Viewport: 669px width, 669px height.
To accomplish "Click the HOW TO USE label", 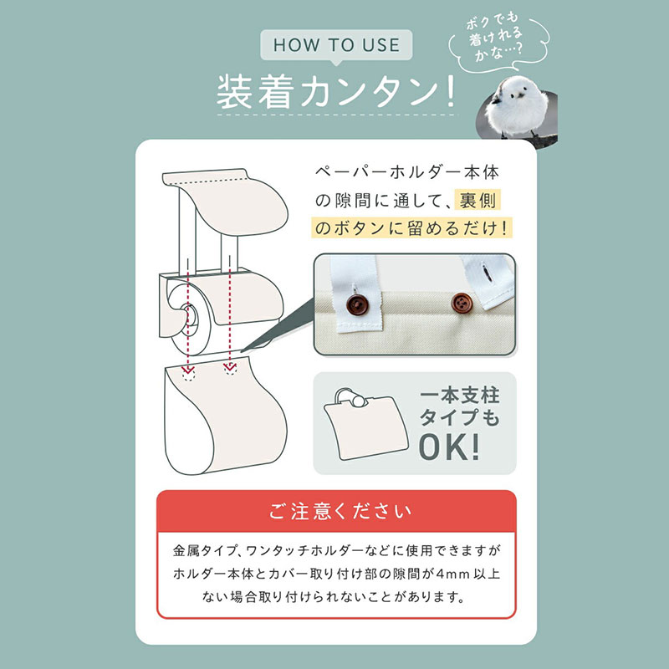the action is pyautogui.click(x=336, y=45).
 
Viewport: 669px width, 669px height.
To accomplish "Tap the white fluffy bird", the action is pyautogui.click(x=517, y=107).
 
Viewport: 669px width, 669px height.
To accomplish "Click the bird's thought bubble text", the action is pyautogui.click(x=495, y=38).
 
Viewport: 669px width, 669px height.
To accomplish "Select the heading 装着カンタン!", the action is pyautogui.click(x=336, y=92).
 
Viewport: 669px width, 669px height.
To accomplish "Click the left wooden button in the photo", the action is pyautogui.click(x=357, y=304).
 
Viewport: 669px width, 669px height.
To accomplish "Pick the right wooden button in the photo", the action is pyautogui.click(x=462, y=304).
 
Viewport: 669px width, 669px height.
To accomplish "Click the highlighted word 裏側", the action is pyautogui.click(x=477, y=200).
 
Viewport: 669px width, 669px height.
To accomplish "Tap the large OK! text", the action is pyautogui.click(x=449, y=447).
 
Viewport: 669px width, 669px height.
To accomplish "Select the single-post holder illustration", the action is pyautogui.click(x=365, y=424).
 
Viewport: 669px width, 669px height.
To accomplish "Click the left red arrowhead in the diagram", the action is pyautogui.click(x=188, y=369).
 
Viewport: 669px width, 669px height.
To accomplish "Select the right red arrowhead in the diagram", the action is pyautogui.click(x=230, y=366).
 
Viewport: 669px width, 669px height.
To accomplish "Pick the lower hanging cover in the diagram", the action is pyautogui.click(x=225, y=416).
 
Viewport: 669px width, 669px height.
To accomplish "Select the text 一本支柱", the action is pyautogui.click(x=459, y=396).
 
